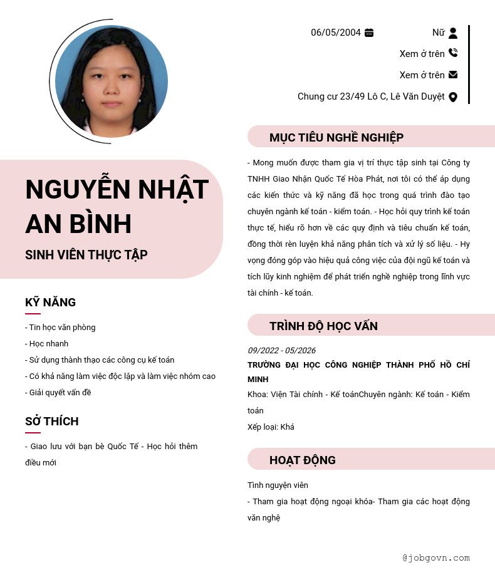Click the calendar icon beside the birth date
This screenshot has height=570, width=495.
click(x=369, y=33)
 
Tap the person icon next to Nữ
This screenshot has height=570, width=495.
click(x=453, y=33)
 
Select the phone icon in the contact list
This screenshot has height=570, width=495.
click(x=453, y=53)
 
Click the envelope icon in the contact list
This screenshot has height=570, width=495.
click(x=453, y=75)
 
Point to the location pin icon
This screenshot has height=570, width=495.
click(x=453, y=96)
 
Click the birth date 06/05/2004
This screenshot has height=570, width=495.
click(x=336, y=33)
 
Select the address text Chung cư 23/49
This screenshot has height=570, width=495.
click(x=371, y=96)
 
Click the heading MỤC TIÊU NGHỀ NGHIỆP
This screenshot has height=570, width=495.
click(x=336, y=137)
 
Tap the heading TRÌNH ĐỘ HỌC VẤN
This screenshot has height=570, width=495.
click(x=323, y=326)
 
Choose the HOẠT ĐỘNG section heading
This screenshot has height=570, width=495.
click(x=303, y=460)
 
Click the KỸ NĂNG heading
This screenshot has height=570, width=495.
click(x=50, y=302)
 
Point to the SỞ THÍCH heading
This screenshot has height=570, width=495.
click(x=51, y=421)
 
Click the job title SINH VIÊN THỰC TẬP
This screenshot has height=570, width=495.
click(x=86, y=255)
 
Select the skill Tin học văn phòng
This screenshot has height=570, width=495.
click(x=61, y=328)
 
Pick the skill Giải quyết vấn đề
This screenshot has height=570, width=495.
click(x=58, y=393)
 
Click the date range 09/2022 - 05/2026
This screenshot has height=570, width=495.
click(x=281, y=350)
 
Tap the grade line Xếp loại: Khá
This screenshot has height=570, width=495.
click(x=271, y=427)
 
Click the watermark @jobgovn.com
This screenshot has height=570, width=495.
click(x=436, y=557)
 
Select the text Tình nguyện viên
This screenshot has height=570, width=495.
click(x=278, y=485)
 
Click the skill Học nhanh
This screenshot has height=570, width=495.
click(x=47, y=344)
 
